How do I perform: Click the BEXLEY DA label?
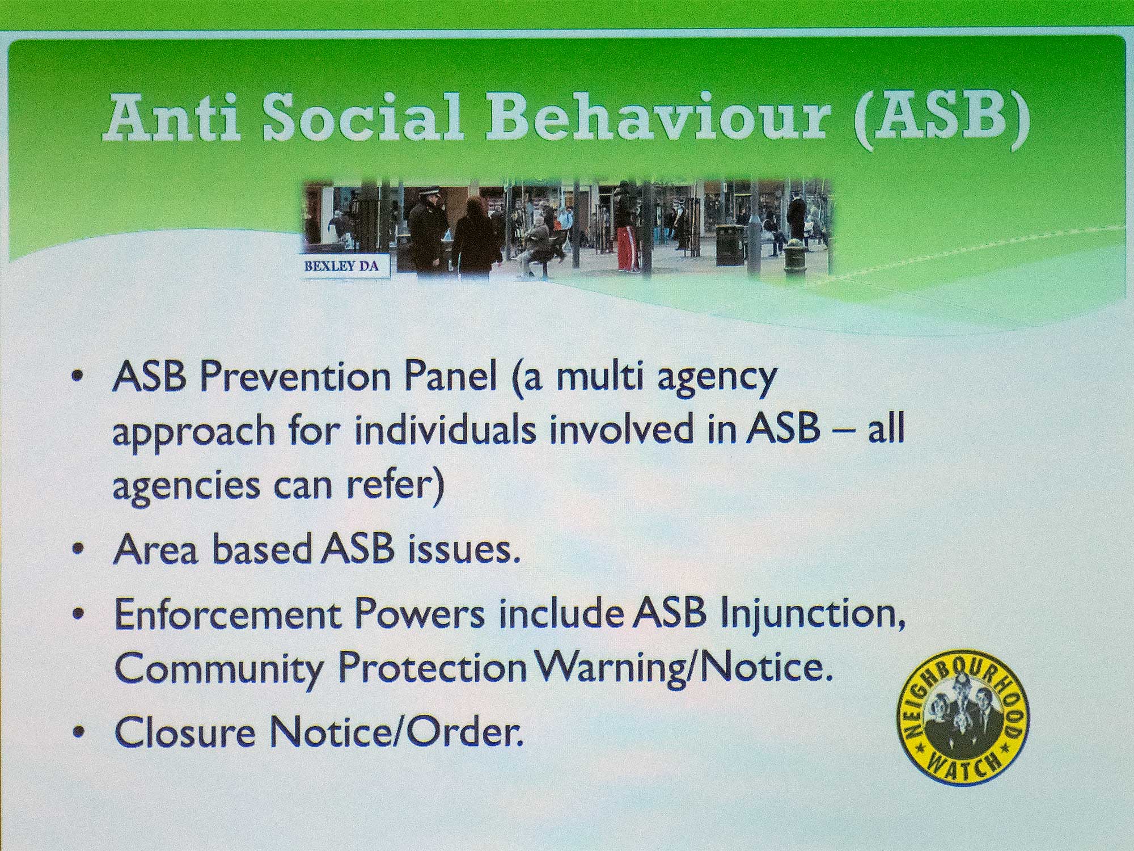click(341, 266)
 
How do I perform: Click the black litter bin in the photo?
click(729, 245)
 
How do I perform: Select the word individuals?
click(445, 431)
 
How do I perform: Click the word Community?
click(219, 669)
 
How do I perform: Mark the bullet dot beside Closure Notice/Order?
click(81, 734)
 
